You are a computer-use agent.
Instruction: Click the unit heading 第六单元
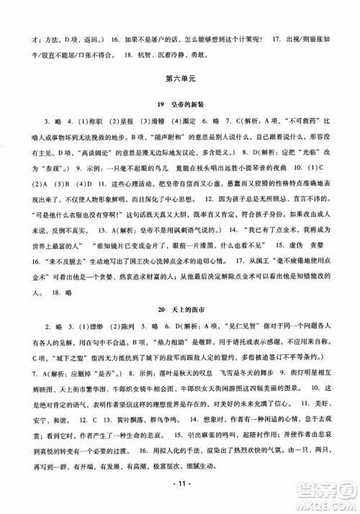[x=180, y=78]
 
